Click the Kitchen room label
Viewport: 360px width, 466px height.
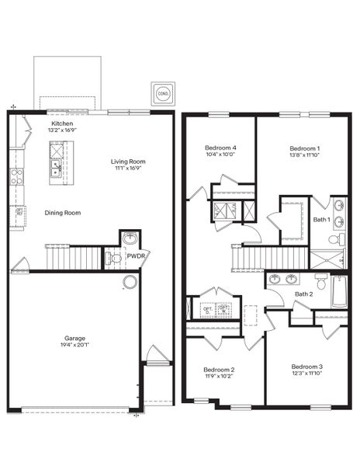(x=62, y=123)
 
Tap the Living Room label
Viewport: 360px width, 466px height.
(x=127, y=162)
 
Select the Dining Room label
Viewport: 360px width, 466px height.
(x=62, y=213)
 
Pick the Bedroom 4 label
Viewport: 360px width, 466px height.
(x=220, y=148)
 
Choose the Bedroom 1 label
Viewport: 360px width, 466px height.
(x=305, y=148)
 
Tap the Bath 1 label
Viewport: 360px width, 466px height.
(x=322, y=220)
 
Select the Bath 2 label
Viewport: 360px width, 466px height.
(x=304, y=294)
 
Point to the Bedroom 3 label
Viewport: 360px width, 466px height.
(x=307, y=366)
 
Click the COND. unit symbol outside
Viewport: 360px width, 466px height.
(x=162, y=93)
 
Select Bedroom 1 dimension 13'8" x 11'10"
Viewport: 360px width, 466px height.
(x=305, y=155)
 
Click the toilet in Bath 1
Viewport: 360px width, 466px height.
(x=334, y=240)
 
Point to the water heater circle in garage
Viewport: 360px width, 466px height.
(x=130, y=281)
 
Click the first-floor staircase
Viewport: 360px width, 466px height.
(x=73, y=256)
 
